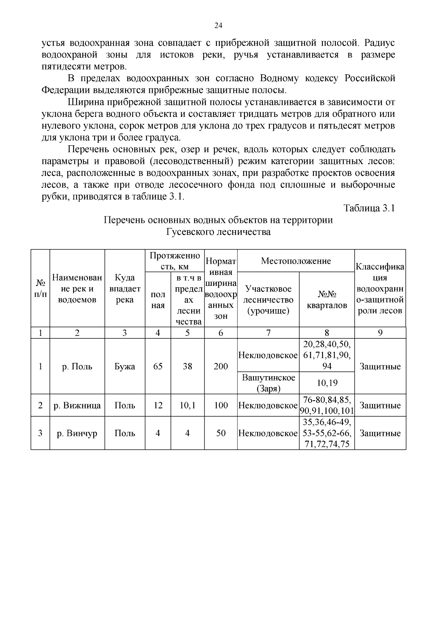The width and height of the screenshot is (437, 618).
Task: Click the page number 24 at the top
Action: pyautogui.click(x=218, y=25)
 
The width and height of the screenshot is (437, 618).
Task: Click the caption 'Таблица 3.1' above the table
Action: pyautogui.click(x=369, y=208)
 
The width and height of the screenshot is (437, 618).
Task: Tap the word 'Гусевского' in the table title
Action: pyautogui.click(x=190, y=232)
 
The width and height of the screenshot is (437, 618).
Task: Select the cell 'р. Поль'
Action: pyautogui.click(x=77, y=366)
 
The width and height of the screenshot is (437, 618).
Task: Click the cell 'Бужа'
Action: pyautogui.click(x=125, y=366)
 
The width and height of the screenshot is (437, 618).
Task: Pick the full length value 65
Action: pyautogui.click(x=158, y=366)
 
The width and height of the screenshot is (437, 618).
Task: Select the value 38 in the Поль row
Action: pyautogui.click(x=187, y=366)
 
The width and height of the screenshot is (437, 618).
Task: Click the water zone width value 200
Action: pyautogui.click(x=221, y=366)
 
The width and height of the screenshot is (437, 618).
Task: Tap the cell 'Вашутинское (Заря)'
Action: pyautogui.click(x=268, y=383)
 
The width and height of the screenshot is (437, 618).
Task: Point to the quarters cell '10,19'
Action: pyautogui.click(x=327, y=383)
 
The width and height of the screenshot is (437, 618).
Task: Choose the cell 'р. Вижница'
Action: pyautogui.click(x=77, y=405)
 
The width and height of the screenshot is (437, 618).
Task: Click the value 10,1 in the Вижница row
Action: pyautogui.click(x=187, y=405)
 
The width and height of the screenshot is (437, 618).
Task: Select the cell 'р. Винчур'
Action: pyautogui.click(x=77, y=433)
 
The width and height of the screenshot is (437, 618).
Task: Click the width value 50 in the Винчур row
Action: pyautogui.click(x=221, y=433)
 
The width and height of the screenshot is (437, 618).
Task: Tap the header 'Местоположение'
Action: pyautogui.click(x=296, y=261)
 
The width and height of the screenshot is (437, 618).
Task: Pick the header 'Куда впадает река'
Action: pyautogui.click(x=125, y=289)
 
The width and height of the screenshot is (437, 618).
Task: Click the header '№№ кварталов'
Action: pyautogui.click(x=327, y=299)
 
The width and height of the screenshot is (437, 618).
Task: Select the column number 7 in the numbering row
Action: pyautogui.click(x=268, y=333)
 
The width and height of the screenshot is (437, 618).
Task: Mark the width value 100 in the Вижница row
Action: pyautogui.click(x=221, y=405)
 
